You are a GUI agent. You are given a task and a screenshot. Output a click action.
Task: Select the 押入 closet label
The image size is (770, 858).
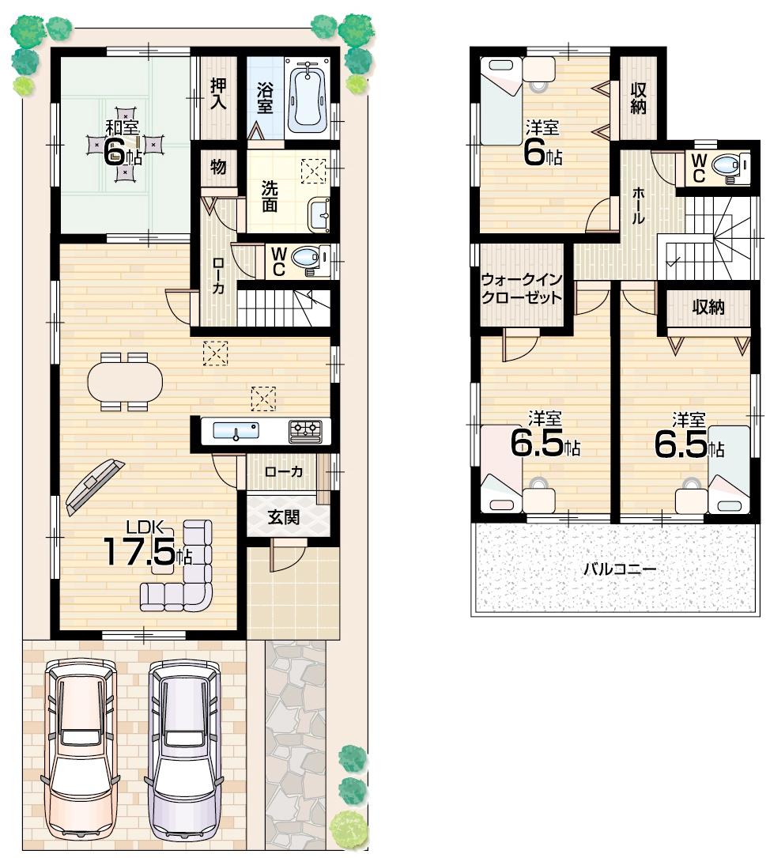click(x=219, y=93)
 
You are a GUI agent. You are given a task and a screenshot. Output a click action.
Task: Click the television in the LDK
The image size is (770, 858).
click(x=94, y=485)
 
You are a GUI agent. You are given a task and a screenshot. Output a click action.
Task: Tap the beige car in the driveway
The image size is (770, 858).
click(x=81, y=747)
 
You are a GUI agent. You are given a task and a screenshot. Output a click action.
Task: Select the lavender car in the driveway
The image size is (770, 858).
click(x=185, y=747)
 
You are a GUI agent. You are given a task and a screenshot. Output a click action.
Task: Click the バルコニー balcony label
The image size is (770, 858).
click(x=620, y=569)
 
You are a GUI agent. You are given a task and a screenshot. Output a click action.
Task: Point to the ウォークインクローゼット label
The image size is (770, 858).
click(x=522, y=289)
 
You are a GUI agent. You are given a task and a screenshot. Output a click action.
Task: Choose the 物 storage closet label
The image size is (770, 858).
click(x=218, y=167)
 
